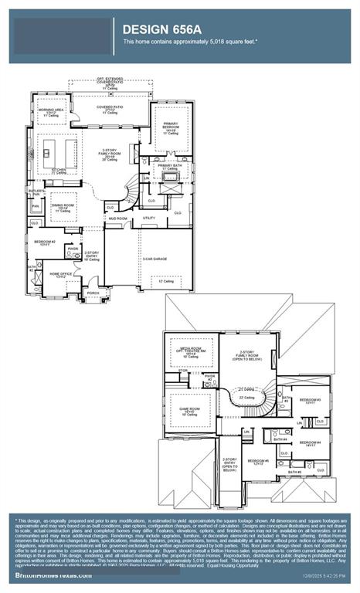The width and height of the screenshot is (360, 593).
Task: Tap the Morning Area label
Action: (x=52, y=112)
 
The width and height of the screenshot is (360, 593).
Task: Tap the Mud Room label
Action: (x=117, y=219)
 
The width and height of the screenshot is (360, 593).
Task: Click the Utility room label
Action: (x=149, y=219)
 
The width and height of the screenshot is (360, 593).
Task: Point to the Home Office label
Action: (x=62, y=275)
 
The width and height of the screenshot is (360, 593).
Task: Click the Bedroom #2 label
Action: (x=43, y=242)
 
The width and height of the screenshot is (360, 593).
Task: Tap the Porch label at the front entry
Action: (x=93, y=293)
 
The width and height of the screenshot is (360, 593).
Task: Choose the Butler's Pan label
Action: (x=36, y=191)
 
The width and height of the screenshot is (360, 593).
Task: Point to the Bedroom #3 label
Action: (x=311, y=401)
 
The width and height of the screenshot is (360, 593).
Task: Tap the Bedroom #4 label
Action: (x=311, y=444)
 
